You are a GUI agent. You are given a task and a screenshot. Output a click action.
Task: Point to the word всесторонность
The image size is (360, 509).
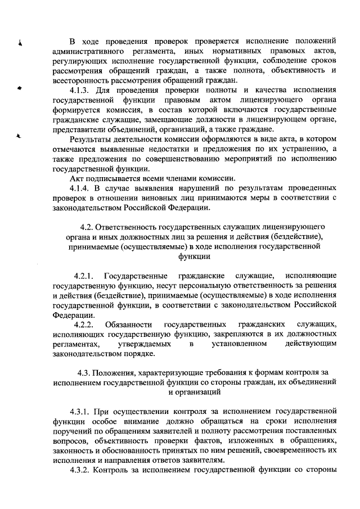(79, 80)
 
